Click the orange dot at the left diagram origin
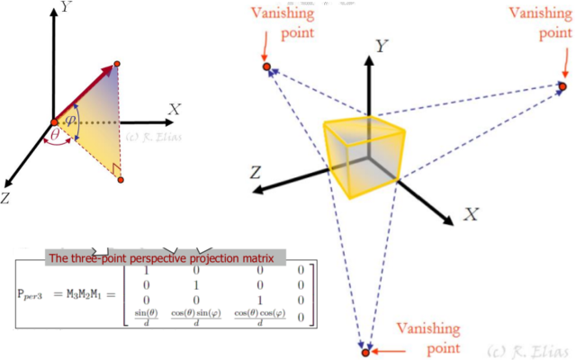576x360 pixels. pyautogui.click(x=54, y=121)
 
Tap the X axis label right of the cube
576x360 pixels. pyautogui.click(x=470, y=214)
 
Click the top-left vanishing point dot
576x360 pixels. pyautogui.click(x=265, y=67)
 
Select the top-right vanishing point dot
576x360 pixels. pyautogui.click(x=562, y=86)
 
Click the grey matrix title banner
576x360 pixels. pyautogui.click(x=166, y=258)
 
